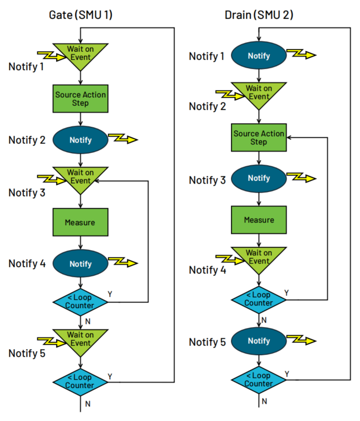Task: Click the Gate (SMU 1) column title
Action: pyautogui.click(x=81, y=15)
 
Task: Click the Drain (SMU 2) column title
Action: pyautogui.click(x=259, y=15)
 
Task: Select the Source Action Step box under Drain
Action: pyautogui.click(x=259, y=138)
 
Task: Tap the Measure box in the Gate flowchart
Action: pyautogui.click(x=80, y=222)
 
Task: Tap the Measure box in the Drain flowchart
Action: pyautogui.click(x=259, y=220)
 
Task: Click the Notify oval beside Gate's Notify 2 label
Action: pyautogui.click(x=80, y=140)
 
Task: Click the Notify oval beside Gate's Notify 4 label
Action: pyautogui.click(x=80, y=264)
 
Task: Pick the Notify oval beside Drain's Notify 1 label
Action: pyautogui.click(x=259, y=56)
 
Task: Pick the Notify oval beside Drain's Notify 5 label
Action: pyautogui.click(x=259, y=341)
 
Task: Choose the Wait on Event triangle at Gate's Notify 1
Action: pyautogui.click(x=80, y=54)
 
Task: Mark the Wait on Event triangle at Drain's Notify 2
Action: pyautogui.click(x=259, y=92)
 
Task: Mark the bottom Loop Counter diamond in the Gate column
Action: pyautogui.click(x=80, y=381)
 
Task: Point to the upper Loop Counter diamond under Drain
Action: pyautogui.click(x=259, y=299)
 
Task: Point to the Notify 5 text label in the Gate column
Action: pyautogui.click(x=27, y=354)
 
